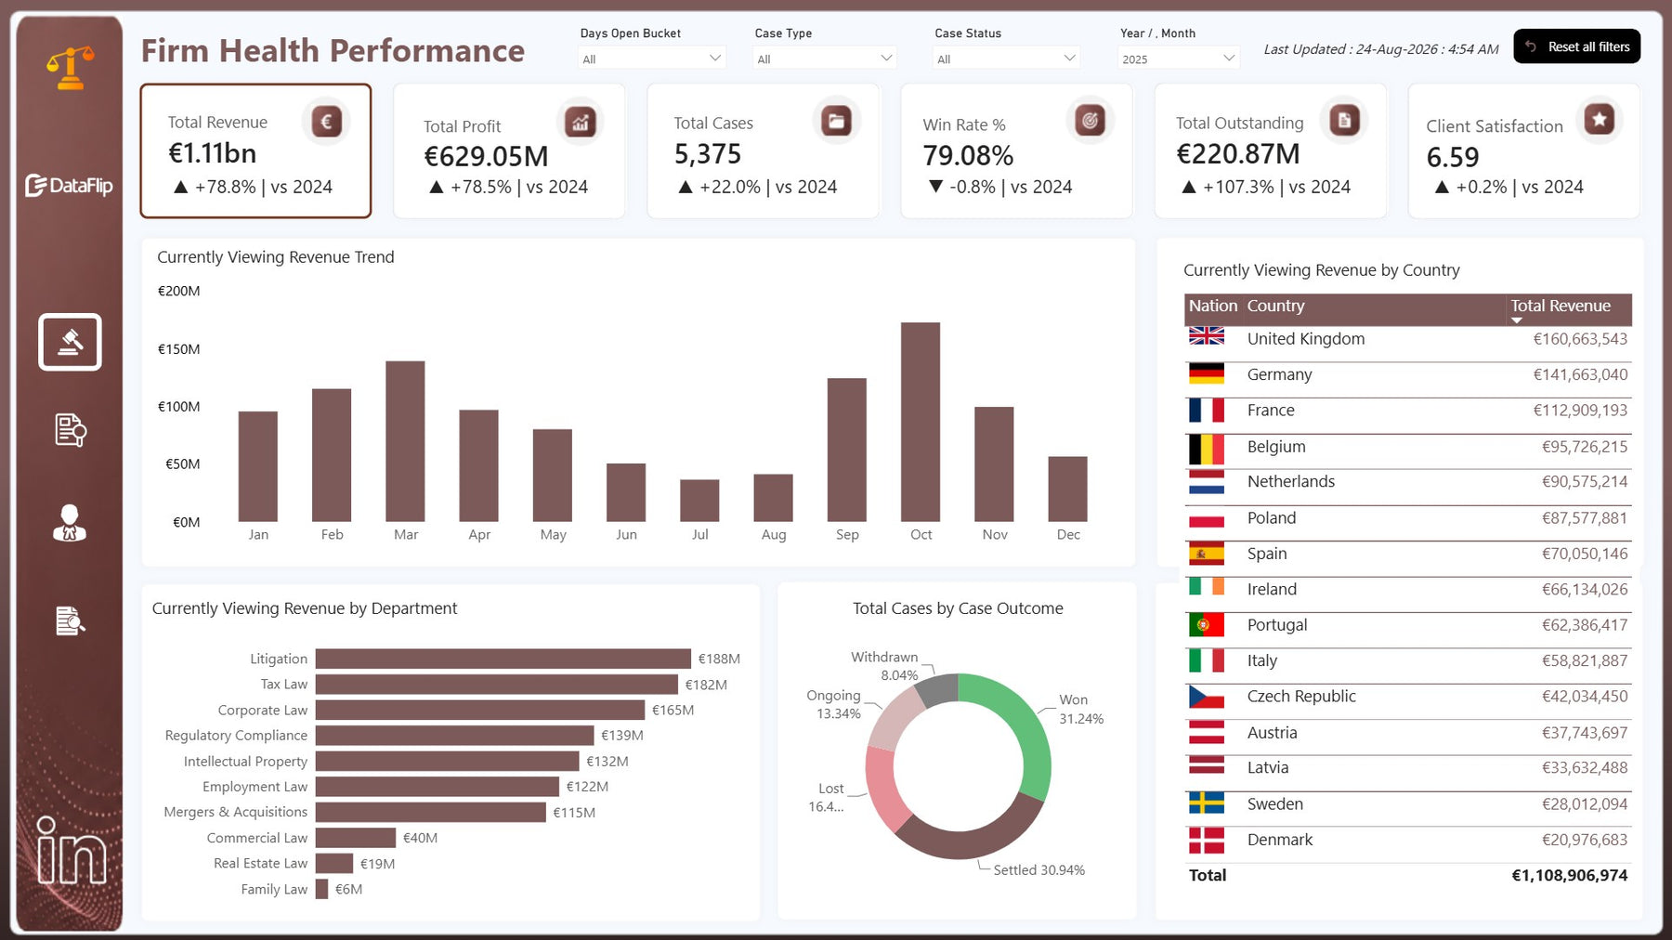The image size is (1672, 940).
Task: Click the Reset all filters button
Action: coord(1576,46)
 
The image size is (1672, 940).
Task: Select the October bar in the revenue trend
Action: coord(921,422)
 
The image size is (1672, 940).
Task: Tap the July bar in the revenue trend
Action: coord(699,501)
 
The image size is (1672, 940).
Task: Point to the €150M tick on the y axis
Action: coord(179,349)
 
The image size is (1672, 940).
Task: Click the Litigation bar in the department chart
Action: coord(503,659)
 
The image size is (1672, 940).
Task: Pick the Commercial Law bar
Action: coord(356,838)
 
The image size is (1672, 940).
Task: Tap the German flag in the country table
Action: coord(1207,374)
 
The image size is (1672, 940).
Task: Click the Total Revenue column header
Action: coord(1561,306)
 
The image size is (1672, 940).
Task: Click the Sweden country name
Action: coord(1274,804)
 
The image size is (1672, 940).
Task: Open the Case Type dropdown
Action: coord(824,59)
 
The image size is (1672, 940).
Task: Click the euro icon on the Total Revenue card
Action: coord(326,121)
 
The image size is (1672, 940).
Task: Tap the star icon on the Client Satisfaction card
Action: coord(1600,119)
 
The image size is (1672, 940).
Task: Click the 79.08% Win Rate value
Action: coord(968,155)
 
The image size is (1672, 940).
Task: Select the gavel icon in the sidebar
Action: coord(70,342)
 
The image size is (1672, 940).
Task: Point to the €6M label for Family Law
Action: coord(348,889)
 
